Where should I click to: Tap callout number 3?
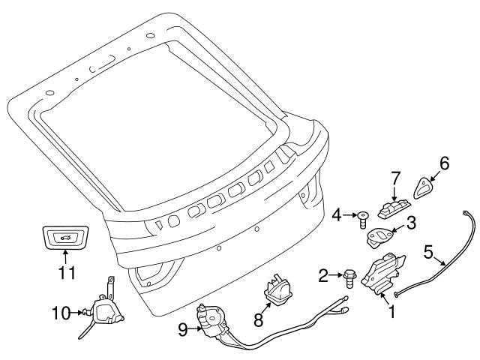point(411,222)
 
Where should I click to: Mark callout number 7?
point(396,180)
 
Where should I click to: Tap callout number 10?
point(59,311)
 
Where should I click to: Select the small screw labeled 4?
point(364,218)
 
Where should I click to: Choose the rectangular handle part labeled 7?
point(396,206)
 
